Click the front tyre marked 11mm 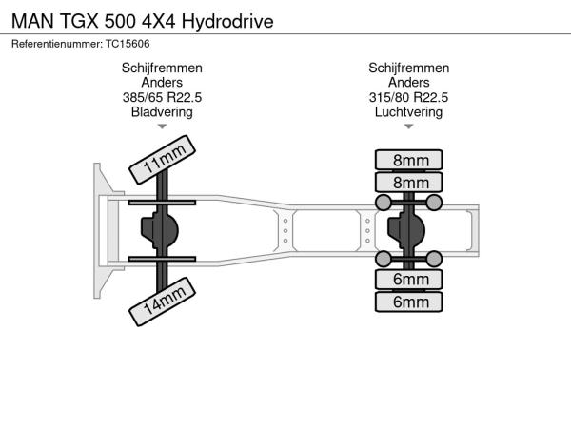[x=163, y=160]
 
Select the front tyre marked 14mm [x=163, y=302]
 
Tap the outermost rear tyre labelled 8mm [x=409, y=160]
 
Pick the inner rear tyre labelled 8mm [x=409, y=183]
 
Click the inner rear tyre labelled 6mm [x=409, y=279]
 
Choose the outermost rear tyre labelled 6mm [x=409, y=302]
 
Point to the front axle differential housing [x=160, y=230]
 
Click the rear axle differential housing [x=406, y=230]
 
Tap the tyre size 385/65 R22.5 [x=162, y=97]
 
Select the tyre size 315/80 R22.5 [x=408, y=97]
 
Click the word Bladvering [x=162, y=112]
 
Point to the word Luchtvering [x=408, y=112]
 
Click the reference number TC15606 [x=128, y=44]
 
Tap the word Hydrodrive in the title [x=227, y=22]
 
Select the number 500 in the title [x=120, y=21]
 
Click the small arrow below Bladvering [x=162, y=126]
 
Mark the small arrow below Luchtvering [x=408, y=126]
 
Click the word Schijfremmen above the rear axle [x=408, y=68]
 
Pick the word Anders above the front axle [x=162, y=82]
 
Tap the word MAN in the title [x=32, y=21]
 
